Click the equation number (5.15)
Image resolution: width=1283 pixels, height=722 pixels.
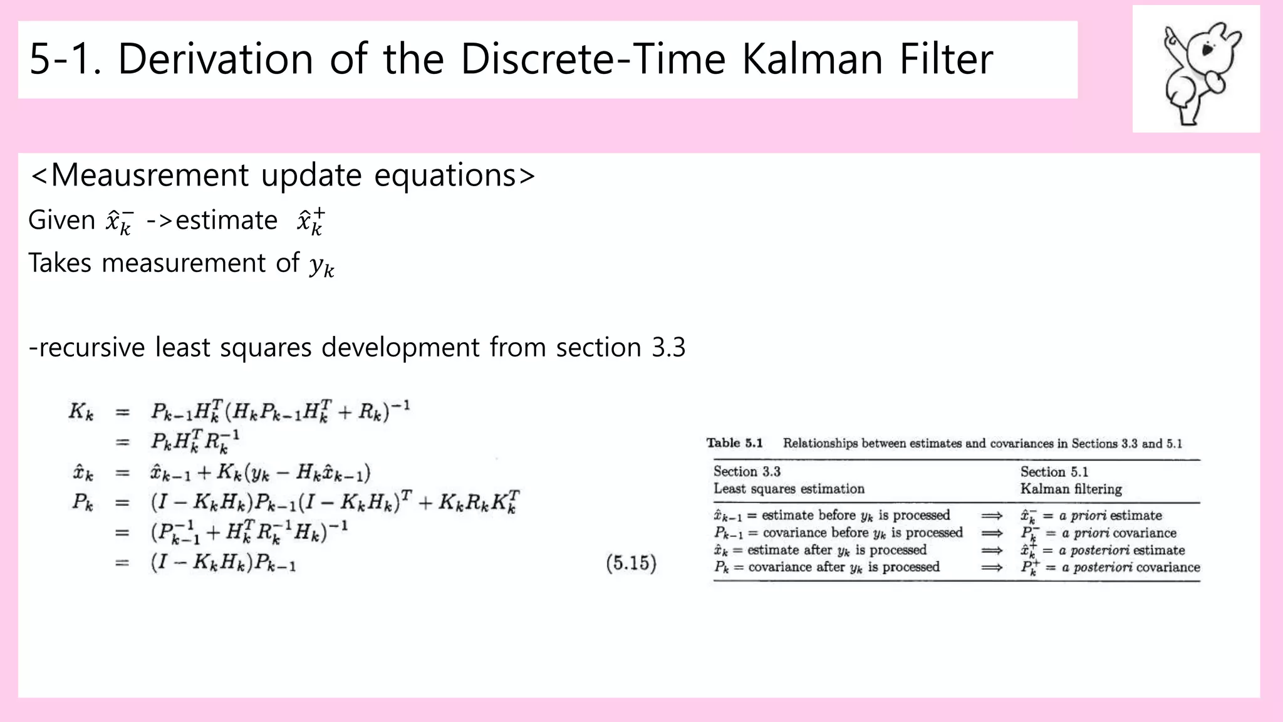pos(631,563)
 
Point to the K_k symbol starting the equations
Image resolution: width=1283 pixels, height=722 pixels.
pos(81,412)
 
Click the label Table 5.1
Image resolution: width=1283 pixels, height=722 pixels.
pos(734,443)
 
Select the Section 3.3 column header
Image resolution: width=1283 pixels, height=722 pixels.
pos(747,471)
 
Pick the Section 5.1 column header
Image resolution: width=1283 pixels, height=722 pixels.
pos(1054,471)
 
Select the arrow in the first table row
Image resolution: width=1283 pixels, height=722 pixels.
pos(992,515)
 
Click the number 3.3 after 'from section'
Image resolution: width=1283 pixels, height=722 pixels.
pos(668,347)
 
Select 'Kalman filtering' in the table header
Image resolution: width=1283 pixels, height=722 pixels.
pos(1071,489)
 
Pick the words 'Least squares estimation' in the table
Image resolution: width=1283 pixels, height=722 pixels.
pos(789,489)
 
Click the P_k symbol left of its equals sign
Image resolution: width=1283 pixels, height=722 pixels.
pos(82,503)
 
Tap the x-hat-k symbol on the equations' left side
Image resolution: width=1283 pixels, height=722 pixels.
pos(83,473)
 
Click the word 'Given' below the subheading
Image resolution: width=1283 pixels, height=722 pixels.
pos(61,221)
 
